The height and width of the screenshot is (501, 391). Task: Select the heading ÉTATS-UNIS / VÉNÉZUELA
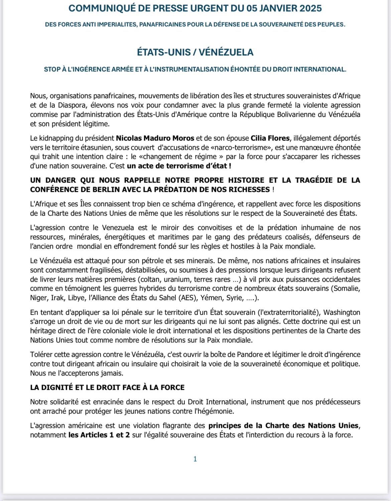click(x=195, y=52)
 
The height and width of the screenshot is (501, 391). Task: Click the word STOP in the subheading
click(x=52, y=69)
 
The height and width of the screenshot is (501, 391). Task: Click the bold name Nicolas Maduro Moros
click(x=155, y=138)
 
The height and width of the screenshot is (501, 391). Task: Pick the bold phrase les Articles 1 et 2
click(x=99, y=435)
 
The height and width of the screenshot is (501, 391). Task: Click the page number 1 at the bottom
click(x=195, y=459)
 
